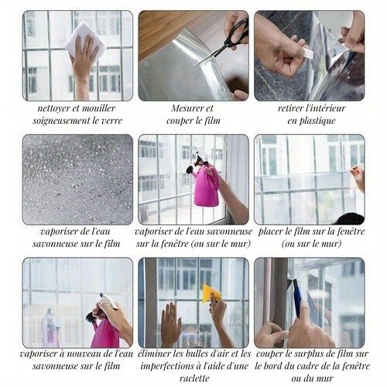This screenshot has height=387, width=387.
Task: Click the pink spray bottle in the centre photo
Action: pyautogui.click(x=206, y=186)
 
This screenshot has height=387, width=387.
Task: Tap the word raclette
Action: pyautogui.click(x=193, y=378)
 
